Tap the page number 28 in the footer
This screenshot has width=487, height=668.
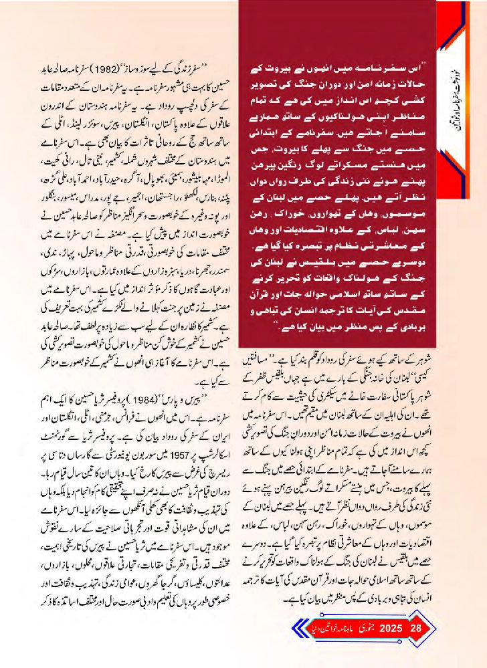point(415,629)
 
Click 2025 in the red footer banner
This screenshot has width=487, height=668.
point(389,629)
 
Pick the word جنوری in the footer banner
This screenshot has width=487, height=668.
point(363,629)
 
